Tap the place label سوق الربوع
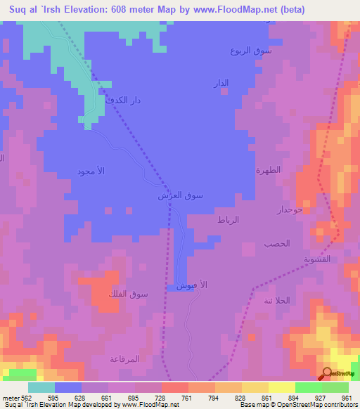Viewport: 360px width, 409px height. click(249, 51)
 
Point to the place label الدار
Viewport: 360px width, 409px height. click(220, 84)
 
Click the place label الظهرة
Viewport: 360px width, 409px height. click(268, 170)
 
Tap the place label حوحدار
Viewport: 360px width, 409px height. click(290, 209)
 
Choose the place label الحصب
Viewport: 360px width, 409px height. click(278, 243)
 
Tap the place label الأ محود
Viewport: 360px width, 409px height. click(91, 172)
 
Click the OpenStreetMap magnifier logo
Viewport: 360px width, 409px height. click(327, 373)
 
